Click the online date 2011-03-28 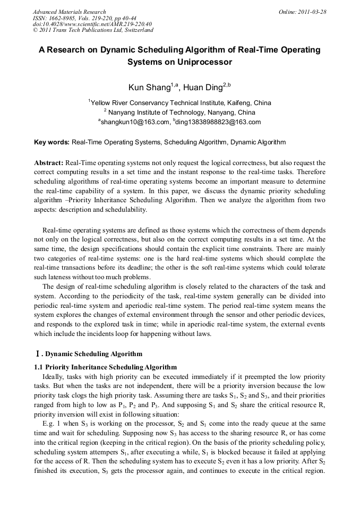[311, 12]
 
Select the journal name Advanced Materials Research [69, 12]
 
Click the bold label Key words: [52, 142]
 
